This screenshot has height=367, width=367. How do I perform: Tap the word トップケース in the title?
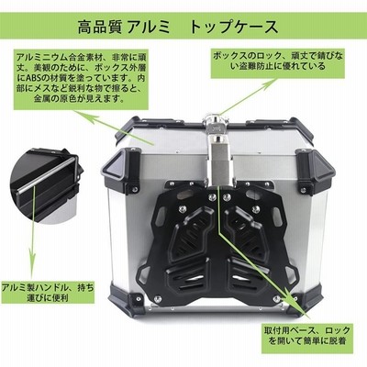click(x=234, y=27)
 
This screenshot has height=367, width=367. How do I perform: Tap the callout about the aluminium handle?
click(x=48, y=293)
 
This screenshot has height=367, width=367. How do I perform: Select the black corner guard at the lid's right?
click(x=316, y=168)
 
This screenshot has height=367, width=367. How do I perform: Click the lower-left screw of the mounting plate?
click(x=158, y=297)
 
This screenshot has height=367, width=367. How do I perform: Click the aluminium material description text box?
click(x=81, y=79)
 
